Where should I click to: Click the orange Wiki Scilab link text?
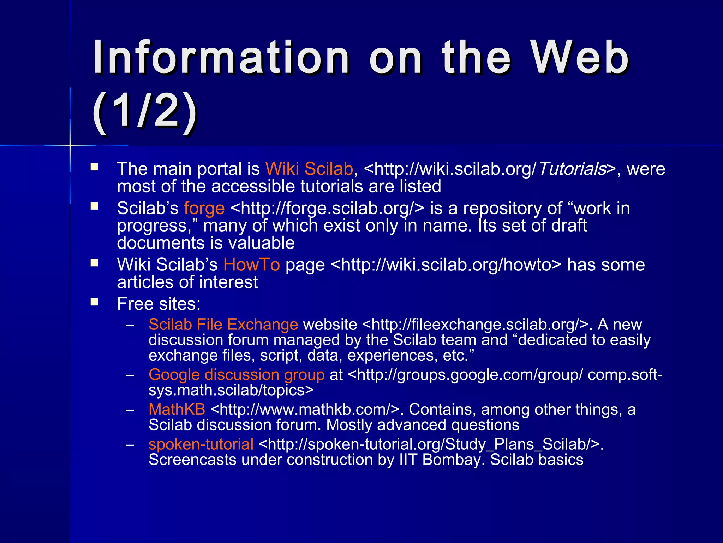(x=309, y=169)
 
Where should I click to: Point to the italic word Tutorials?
(x=572, y=169)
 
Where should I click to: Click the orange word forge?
(x=204, y=208)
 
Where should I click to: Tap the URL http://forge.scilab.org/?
(x=327, y=208)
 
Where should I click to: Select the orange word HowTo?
(x=251, y=265)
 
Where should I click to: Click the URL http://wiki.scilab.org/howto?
(x=446, y=265)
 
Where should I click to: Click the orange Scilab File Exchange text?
(x=223, y=325)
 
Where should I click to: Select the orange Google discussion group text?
(x=237, y=375)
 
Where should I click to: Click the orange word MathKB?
(x=177, y=409)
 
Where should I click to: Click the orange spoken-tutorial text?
(x=201, y=444)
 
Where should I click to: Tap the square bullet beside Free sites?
(x=94, y=302)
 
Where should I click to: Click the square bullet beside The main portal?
(x=94, y=167)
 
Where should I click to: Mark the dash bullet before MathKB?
(x=130, y=410)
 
